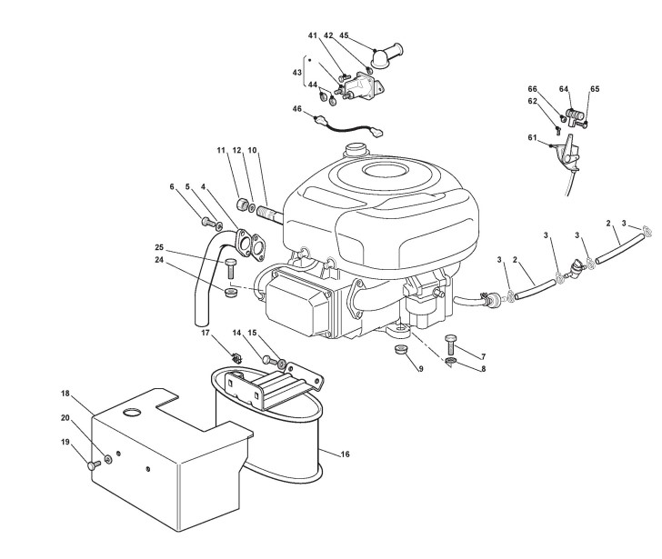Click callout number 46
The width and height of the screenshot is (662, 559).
coord(296,109)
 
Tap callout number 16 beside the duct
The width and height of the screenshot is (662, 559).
coord(345,453)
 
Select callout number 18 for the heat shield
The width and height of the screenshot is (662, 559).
coord(65,393)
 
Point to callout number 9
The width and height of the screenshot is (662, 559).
coord(420,368)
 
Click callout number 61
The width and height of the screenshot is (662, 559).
coord(532,137)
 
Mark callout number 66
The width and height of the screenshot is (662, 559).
coord(534,88)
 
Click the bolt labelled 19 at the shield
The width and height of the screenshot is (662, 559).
coord(92,464)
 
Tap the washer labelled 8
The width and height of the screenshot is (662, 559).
coord(452,364)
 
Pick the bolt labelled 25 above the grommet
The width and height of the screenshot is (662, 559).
coord(230,266)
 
